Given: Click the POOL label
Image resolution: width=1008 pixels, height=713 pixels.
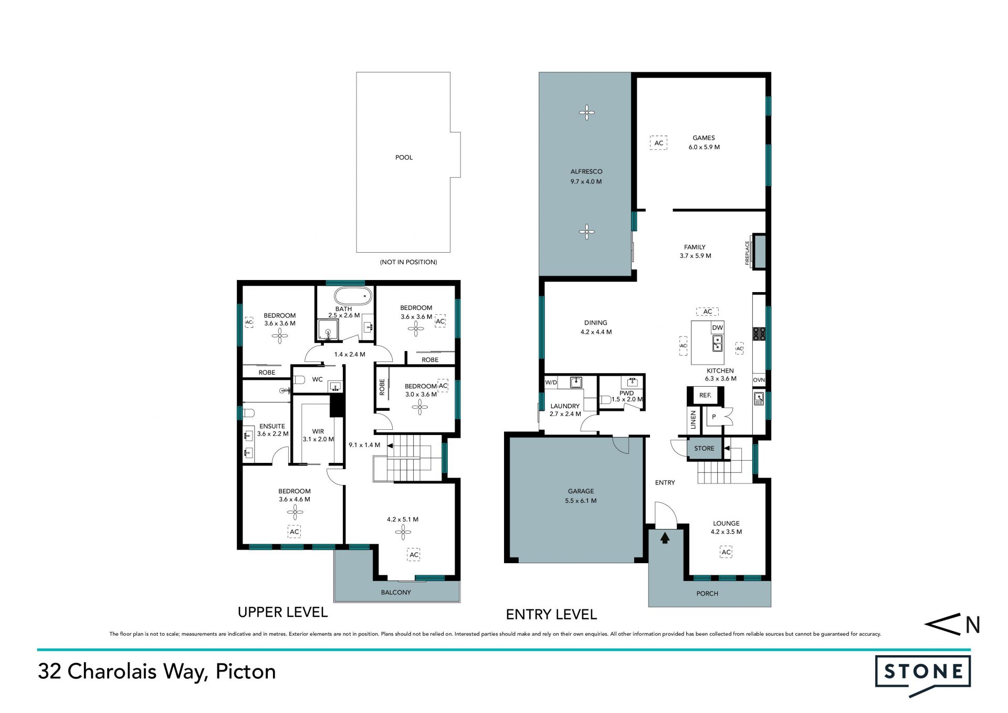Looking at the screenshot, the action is pos(404,157).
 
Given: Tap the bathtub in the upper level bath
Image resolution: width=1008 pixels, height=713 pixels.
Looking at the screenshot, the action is pos(353,296).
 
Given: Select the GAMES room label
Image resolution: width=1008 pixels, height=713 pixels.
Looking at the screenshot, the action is pos(703,138).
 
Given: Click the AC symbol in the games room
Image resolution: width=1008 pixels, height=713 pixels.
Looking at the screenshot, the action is pos(658,143).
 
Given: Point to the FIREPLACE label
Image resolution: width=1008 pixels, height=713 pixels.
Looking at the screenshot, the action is pos(748,253).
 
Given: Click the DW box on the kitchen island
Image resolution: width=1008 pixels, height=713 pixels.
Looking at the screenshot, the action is pos(717,327).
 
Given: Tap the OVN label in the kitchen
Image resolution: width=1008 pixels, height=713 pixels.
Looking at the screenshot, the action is pos(759,380).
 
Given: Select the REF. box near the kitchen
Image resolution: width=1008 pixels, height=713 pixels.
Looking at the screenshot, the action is pos(705,395).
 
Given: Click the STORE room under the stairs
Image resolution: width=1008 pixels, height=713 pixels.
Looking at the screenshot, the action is pos(705,448).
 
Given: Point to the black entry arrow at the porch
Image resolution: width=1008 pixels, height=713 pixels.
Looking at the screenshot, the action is pos(665,538).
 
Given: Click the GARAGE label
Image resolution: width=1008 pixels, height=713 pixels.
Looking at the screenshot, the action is pos(581,491).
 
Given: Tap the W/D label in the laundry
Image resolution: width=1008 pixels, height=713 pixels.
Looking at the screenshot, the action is pos(551,383).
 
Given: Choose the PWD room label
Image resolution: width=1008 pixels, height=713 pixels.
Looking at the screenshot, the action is pos(626,393).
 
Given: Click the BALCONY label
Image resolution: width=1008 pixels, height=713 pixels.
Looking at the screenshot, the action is pos(396,592).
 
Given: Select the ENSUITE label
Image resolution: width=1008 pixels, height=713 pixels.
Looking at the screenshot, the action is pos(272,426).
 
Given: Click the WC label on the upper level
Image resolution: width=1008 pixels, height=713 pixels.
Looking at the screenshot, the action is pos(317,379).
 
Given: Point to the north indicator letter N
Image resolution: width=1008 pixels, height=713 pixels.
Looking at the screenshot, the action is pos(973,625).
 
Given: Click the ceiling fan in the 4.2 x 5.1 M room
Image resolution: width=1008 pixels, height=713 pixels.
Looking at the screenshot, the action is pos(403,532).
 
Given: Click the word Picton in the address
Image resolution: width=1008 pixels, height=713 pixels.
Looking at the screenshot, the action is pos(246,671).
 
